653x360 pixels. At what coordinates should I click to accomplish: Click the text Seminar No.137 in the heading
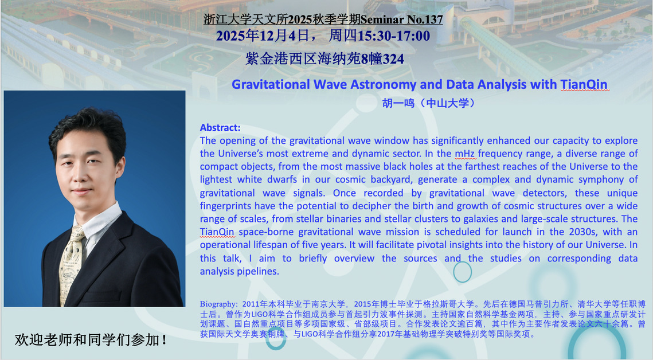pos(401,19)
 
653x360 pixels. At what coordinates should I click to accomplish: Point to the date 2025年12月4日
pos(263,36)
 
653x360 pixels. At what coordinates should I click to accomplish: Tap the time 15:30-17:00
pos(393,36)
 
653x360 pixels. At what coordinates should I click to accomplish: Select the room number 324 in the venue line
pos(393,59)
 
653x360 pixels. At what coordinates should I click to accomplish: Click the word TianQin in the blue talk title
pos(584,84)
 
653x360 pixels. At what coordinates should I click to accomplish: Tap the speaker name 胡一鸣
pos(398,103)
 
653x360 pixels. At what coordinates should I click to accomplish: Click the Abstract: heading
pos(220,127)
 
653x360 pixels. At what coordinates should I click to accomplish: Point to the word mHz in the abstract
pos(465,154)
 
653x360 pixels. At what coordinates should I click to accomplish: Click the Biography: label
pos(218,304)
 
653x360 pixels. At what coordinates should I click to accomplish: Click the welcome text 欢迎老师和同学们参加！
pos(91,340)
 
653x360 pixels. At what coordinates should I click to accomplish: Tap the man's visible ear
pos(120,167)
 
